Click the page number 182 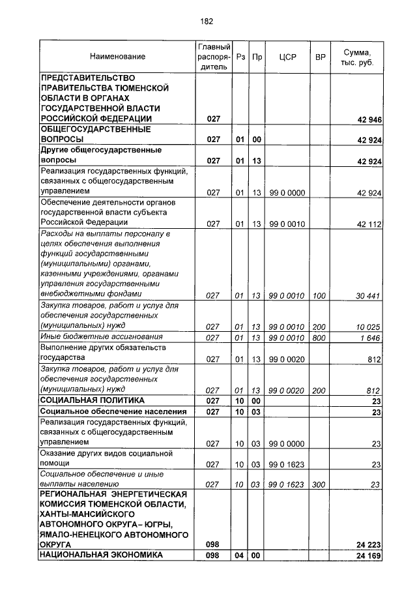click(207, 22)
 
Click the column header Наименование click(118, 57)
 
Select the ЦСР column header click(287, 57)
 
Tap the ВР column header click(320, 57)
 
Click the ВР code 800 click(319, 337)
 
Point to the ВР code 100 click(319, 295)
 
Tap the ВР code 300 click(319, 484)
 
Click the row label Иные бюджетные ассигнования click(101, 336)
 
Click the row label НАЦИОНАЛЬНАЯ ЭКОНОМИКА click(101, 555)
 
